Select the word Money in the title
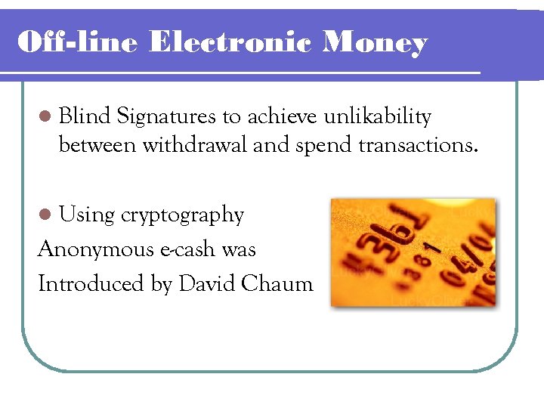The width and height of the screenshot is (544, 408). click(375, 43)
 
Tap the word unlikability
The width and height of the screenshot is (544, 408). click(377, 118)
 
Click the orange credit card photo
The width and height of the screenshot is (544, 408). click(413, 252)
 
